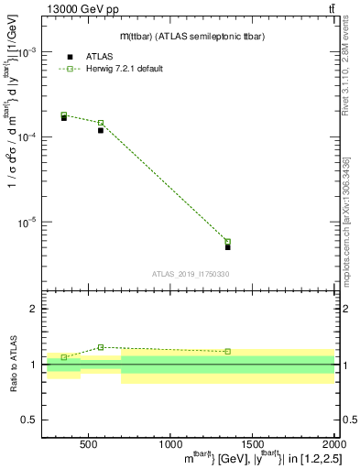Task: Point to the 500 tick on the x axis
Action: coord(89,446)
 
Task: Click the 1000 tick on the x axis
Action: coord(170,446)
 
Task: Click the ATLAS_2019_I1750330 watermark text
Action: coord(191,273)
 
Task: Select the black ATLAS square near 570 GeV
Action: coord(101,130)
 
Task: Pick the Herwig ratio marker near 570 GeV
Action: coord(101,347)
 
